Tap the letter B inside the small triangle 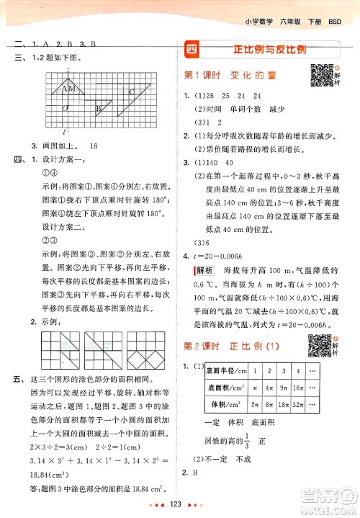[98, 108]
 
